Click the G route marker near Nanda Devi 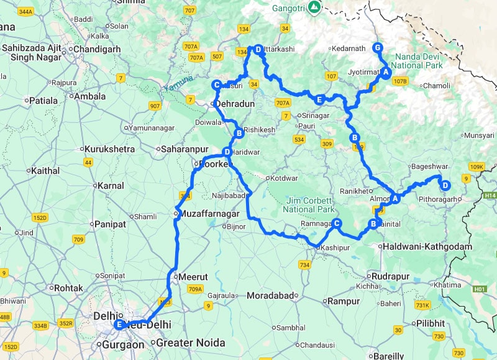376,48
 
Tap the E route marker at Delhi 119,324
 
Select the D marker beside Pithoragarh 445,184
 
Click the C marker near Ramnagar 336,223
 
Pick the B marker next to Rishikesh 238,133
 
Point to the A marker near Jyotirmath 385,73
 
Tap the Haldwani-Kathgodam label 429,246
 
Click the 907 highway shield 155,106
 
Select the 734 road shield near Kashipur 304,265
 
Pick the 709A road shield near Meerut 195,289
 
